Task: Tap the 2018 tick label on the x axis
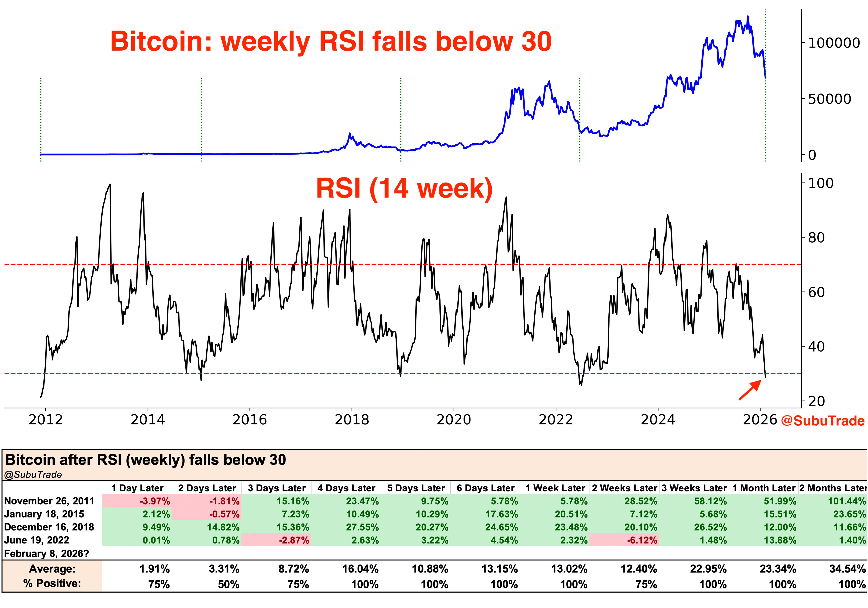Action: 352,420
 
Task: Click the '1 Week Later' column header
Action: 555,488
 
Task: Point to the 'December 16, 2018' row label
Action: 49,527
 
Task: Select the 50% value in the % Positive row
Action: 228,585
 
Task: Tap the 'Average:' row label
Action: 52,569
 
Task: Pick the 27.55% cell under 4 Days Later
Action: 362,527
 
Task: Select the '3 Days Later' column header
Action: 277,488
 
